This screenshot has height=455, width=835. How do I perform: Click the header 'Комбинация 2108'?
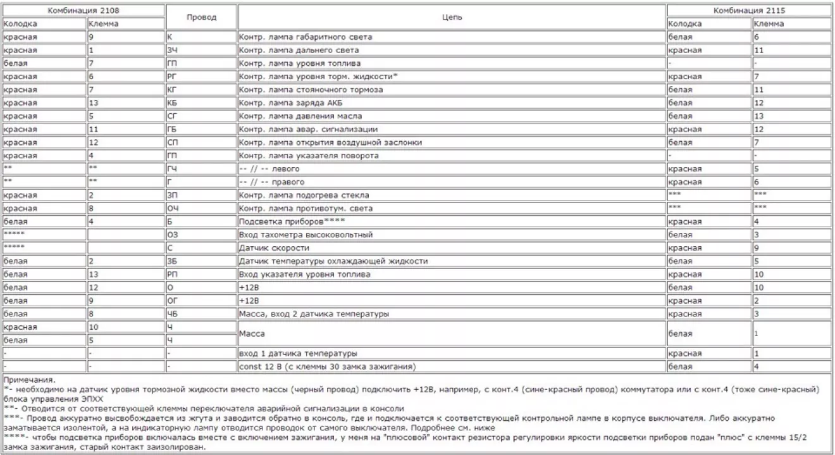click(83, 11)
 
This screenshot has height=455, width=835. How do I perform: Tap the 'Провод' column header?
click(201, 17)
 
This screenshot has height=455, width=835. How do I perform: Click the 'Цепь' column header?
click(452, 17)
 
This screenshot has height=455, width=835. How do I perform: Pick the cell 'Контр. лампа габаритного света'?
click(306, 37)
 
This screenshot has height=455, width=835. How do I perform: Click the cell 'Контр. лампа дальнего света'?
click(299, 50)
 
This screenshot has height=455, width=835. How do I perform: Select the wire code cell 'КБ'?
click(172, 103)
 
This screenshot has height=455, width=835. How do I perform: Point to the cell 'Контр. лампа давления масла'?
click(300, 116)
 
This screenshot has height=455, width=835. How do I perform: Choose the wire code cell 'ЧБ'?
click(171, 314)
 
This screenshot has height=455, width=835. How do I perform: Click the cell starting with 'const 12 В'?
click(329, 366)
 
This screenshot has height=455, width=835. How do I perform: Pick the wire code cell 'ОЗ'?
click(171, 235)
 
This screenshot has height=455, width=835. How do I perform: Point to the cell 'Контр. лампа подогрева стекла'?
click(304, 195)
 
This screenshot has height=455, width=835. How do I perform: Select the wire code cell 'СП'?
click(172, 142)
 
